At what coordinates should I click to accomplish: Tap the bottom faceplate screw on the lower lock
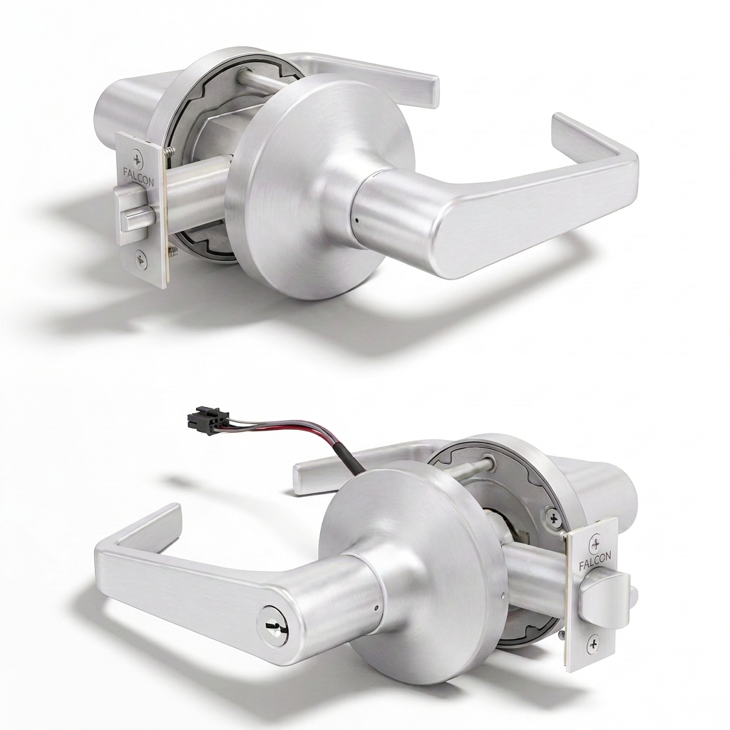pyautogui.click(x=593, y=644)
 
